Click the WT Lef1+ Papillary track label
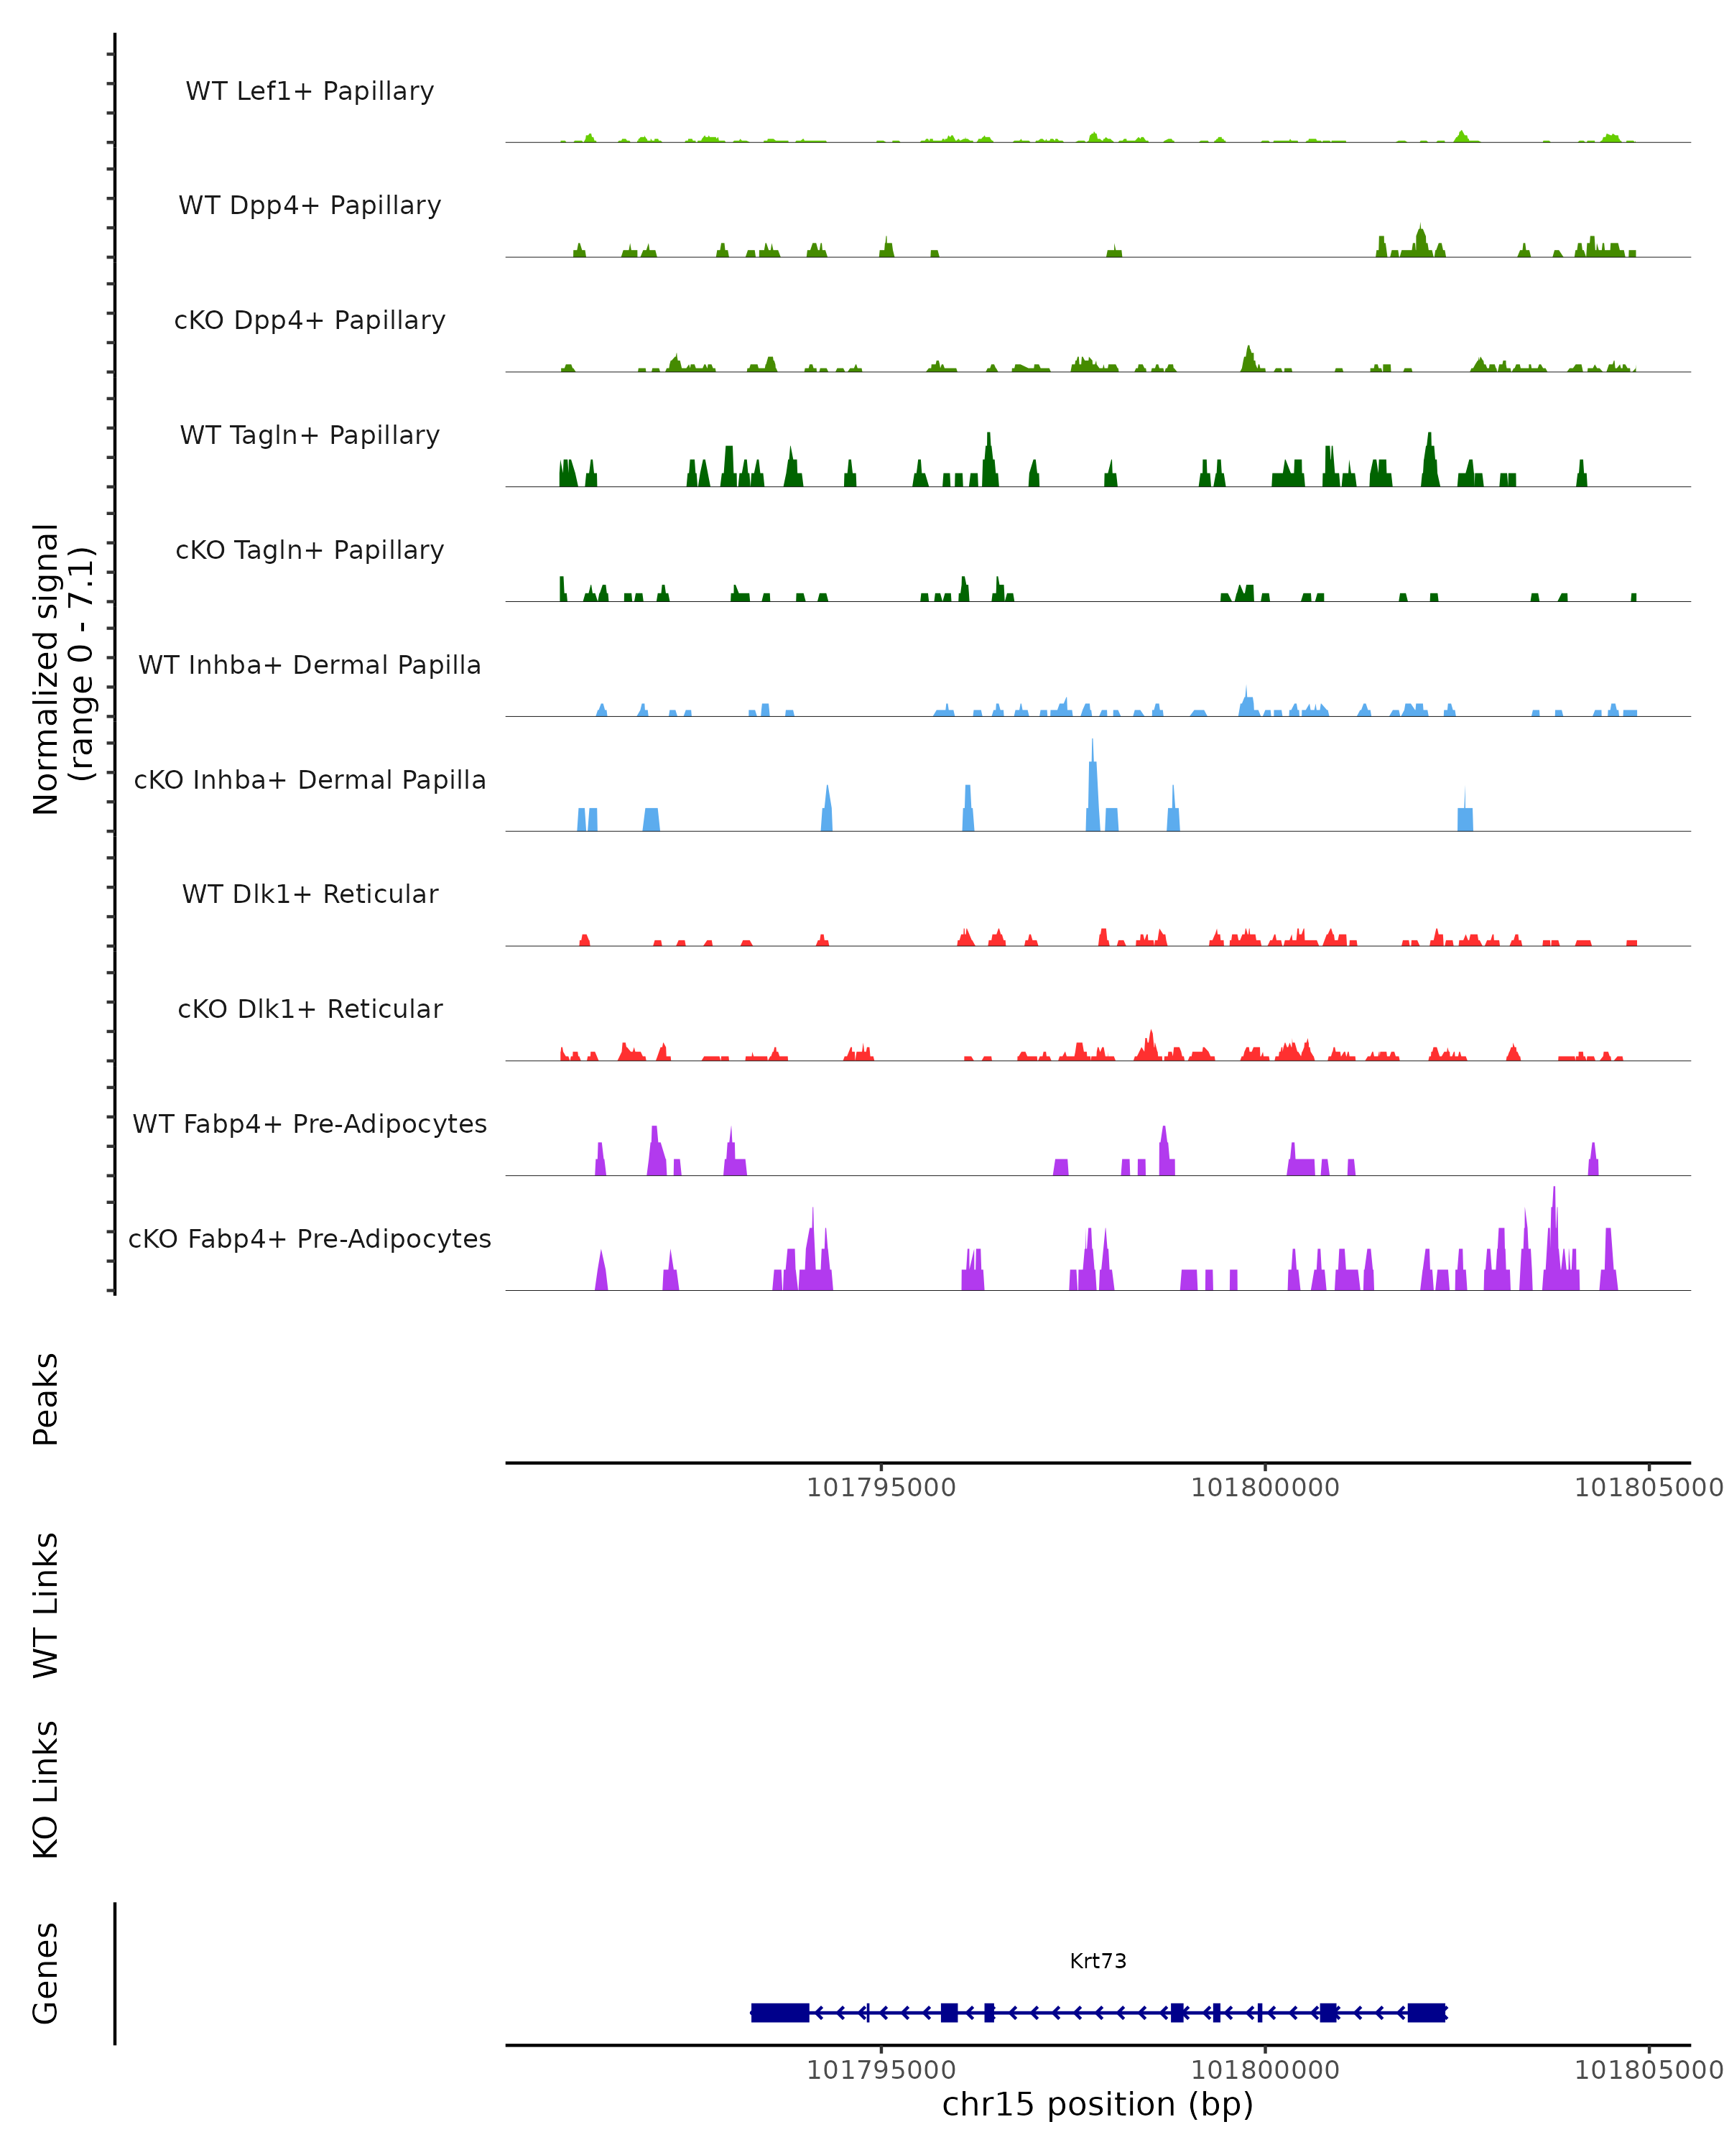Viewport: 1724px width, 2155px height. click(310, 91)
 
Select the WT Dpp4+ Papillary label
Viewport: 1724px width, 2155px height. click(310, 206)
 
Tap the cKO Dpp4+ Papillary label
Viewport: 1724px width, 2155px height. click(310, 321)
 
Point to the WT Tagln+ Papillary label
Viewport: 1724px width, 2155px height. click(310, 436)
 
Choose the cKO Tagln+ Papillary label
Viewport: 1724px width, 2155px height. click(310, 551)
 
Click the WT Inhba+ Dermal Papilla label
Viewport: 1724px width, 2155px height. click(310, 666)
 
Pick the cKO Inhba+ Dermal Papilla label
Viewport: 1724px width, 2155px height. click(310, 781)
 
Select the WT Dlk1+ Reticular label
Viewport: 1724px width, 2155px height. click(310, 894)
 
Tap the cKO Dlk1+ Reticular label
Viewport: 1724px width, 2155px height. click(310, 1009)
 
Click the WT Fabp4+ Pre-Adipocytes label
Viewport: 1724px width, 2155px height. click(310, 1124)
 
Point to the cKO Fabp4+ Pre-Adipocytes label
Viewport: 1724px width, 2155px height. click(310, 1239)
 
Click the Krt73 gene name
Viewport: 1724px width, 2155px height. click(1098, 1962)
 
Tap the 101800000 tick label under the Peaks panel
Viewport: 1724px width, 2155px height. click(1264, 1488)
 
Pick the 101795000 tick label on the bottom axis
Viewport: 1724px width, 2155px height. click(881, 2070)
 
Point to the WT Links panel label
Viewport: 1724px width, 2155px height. click(46, 1606)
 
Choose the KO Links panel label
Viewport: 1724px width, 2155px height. click(46, 1790)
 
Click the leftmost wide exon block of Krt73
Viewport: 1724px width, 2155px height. click(779, 2013)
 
